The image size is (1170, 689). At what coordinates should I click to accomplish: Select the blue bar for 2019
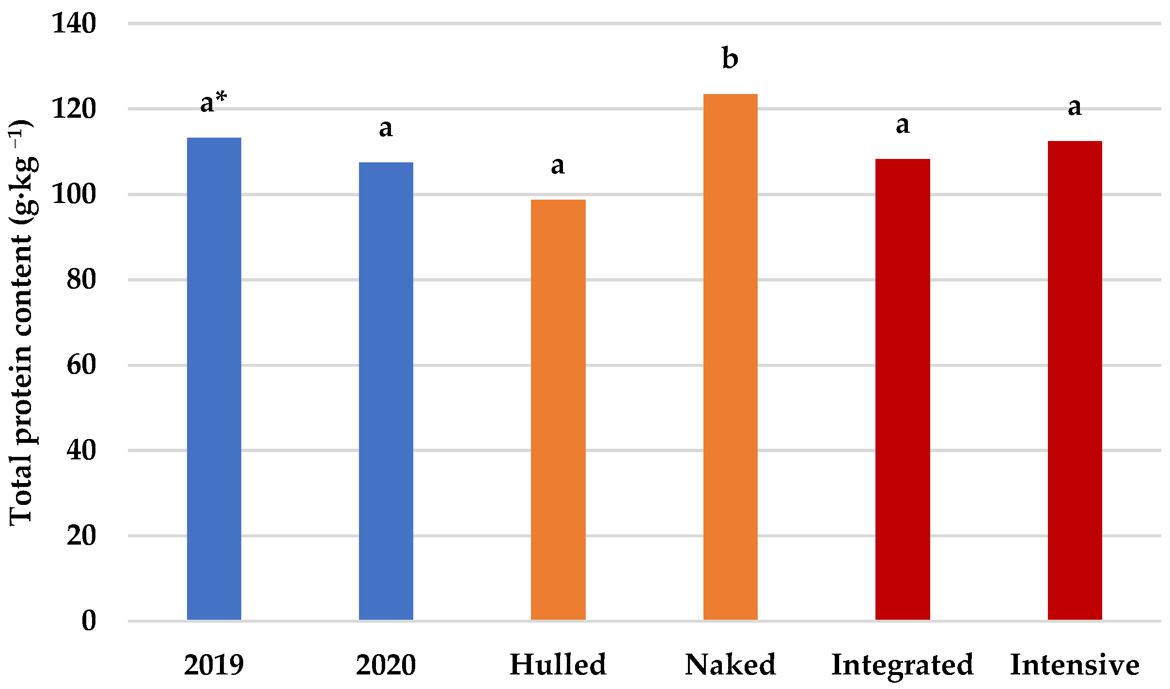pos(214,378)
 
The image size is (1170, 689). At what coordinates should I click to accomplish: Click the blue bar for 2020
pos(386,391)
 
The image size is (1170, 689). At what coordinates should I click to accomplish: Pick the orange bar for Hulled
pos(558,409)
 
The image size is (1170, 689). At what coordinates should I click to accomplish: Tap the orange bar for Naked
pos(730,357)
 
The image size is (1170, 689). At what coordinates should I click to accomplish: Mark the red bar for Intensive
pos(1075,380)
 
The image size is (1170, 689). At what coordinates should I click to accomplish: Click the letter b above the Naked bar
pos(730,58)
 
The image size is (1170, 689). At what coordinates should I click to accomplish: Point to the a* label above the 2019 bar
pos(214,102)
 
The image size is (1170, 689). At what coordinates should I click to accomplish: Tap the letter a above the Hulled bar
pos(558,166)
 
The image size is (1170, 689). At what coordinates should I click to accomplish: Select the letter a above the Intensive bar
pos(1075,107)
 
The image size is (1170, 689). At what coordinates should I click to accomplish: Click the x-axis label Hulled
pos(558,664)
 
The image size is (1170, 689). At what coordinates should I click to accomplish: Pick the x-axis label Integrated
pos(902,665)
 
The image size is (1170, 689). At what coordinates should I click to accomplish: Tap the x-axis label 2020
pos(386,665)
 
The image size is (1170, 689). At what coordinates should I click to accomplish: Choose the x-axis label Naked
pos(730,664)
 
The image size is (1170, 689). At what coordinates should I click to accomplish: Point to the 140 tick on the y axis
pos(74,23)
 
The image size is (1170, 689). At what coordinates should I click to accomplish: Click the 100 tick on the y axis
pos(74,194)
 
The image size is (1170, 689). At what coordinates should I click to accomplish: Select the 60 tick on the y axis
pos(81,365)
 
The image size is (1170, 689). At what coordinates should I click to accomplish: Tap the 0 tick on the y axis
pos(89,621)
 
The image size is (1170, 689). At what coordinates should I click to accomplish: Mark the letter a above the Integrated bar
pos(902,125)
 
